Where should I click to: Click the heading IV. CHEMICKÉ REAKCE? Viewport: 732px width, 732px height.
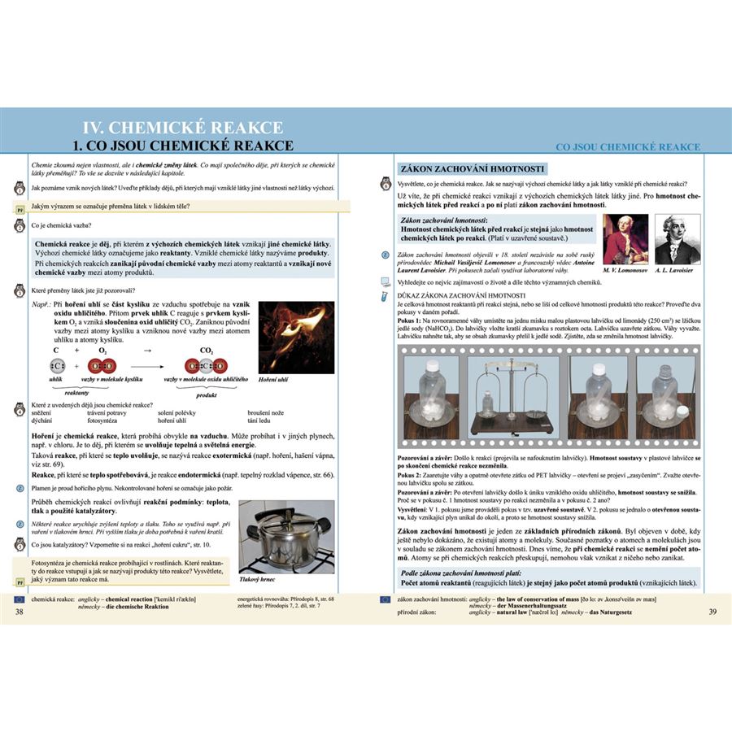[x=185, y=128]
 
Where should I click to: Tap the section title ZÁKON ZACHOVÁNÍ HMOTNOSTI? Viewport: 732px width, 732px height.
[x=472, y=169]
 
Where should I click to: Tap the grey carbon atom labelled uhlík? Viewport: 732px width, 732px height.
[x=56, y=366]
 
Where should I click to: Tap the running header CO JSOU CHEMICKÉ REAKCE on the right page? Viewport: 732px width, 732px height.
[x=627, y=147]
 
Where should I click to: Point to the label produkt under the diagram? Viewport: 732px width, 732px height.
[x=206, y=394]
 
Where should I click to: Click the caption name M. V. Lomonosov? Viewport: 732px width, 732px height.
[x=626, y=270]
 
